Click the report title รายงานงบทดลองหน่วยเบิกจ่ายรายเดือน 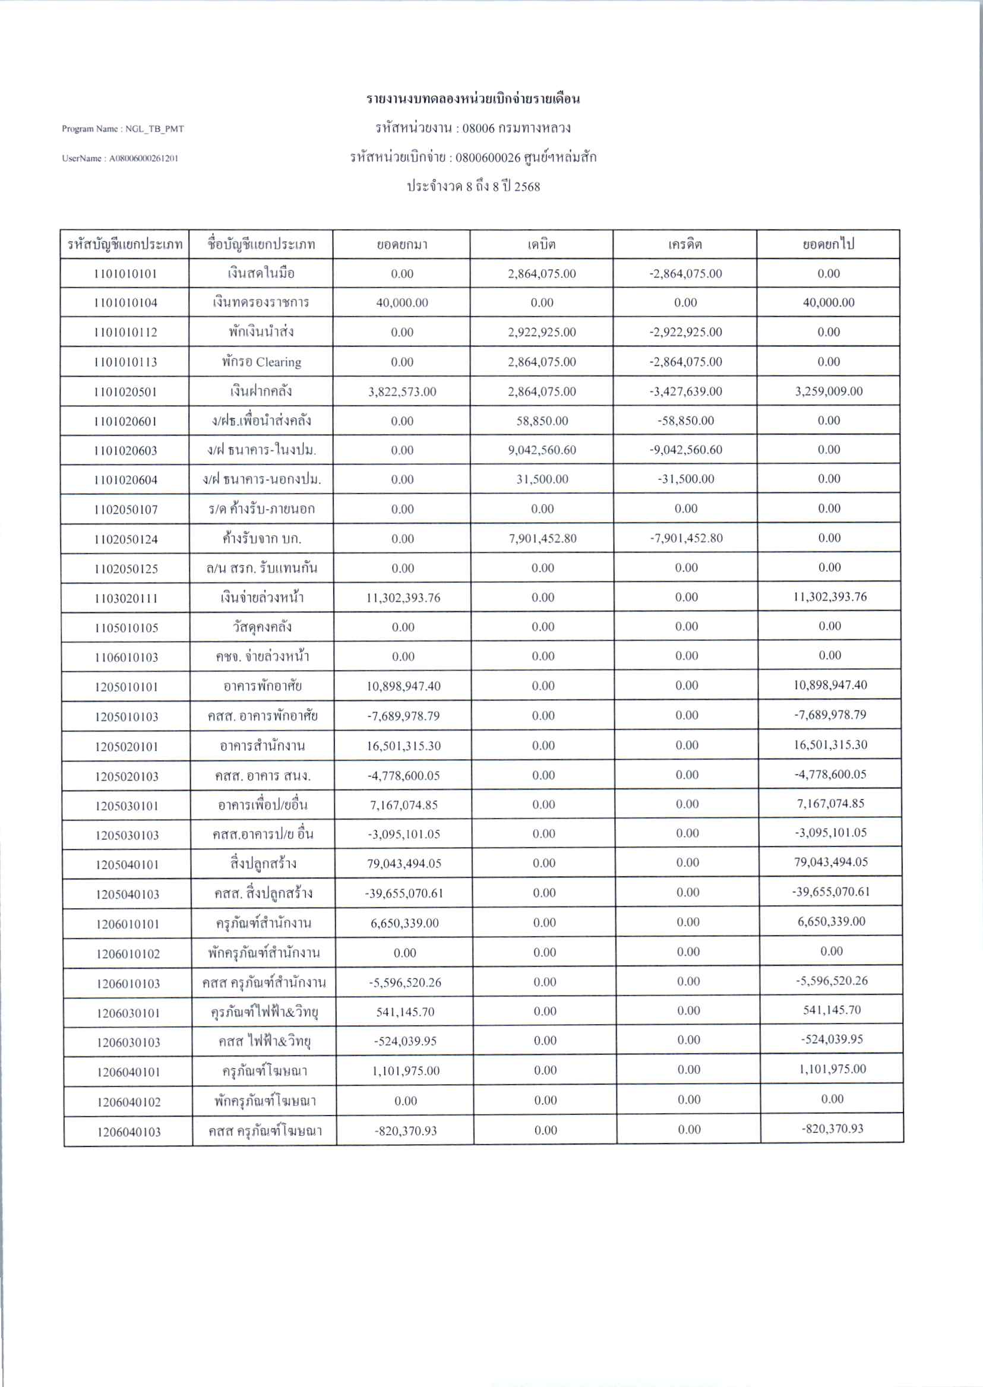pos(473,99)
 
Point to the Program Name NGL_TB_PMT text pos(123,129)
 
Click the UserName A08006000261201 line pos(120,159)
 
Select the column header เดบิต pos(541,245)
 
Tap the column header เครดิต pos(685,245)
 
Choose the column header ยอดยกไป pos(828,245)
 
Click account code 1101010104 pos(125,303)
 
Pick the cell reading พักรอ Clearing pos(261,362)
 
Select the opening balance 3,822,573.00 pos(402,391)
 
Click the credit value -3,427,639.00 pos(685,391)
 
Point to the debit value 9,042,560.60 pos(542,450)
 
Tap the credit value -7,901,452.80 pos(686,538)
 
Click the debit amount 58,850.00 pos(542,421)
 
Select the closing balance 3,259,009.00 pos(829,391)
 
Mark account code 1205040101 pos(127,864)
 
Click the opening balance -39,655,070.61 pos(404,893)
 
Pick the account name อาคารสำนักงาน pos(262,746)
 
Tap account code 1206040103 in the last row pos(128,1132)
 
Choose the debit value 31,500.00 pos(542,479)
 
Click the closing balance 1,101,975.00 pos(831,1069)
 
